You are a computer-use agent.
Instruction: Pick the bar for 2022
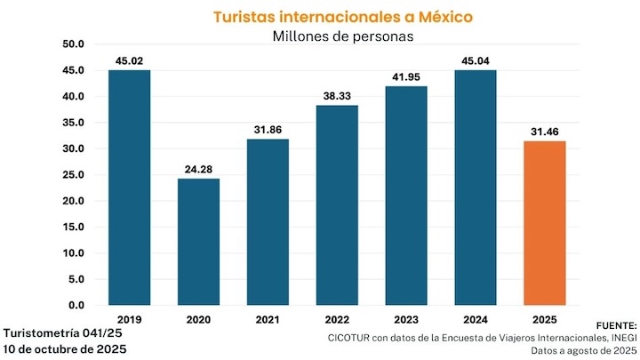tap(337, 204)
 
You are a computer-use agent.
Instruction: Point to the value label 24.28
tap(198, 169)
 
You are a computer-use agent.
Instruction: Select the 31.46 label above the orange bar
tap(545, 132)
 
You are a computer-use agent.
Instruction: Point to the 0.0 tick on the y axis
tap(76, 305)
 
